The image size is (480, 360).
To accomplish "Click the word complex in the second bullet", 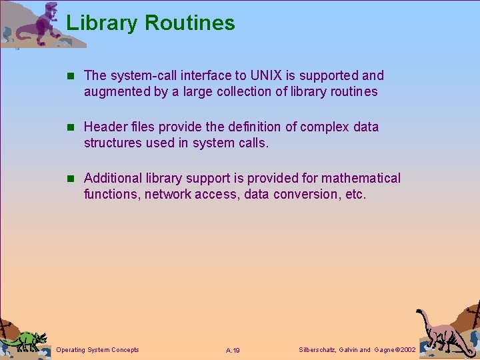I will [x=325, y=127].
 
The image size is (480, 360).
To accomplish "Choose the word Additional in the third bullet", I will [x=113, y=178].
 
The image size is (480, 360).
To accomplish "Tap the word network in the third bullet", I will [x=169, y=194].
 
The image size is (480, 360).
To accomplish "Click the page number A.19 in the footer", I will [x=233, y=351].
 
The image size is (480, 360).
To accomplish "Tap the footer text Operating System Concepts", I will [x=98, y=350].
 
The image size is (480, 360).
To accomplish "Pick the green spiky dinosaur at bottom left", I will [x=25, y=340].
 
